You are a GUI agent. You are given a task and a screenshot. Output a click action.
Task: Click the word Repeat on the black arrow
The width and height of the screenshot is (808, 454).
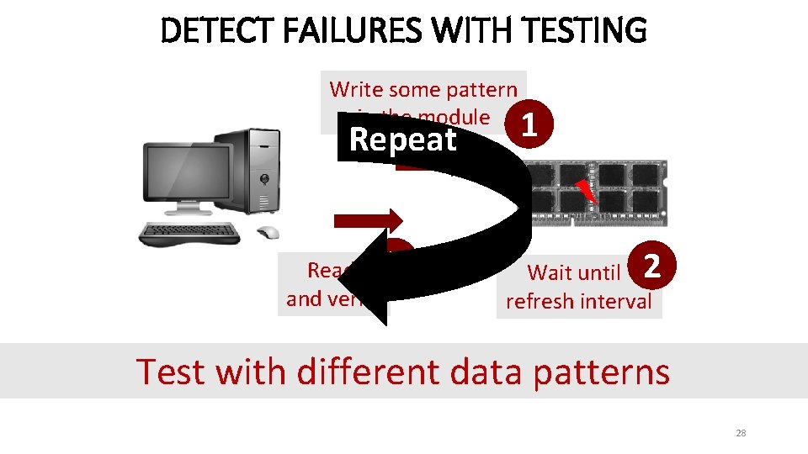(402, 140)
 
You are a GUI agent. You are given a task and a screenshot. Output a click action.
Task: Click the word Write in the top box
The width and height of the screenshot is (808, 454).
(355, 89)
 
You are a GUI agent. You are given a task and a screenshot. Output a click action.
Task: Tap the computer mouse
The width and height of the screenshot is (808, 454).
(267, 233)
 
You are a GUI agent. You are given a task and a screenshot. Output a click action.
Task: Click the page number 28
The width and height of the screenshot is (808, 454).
(741, 433)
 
